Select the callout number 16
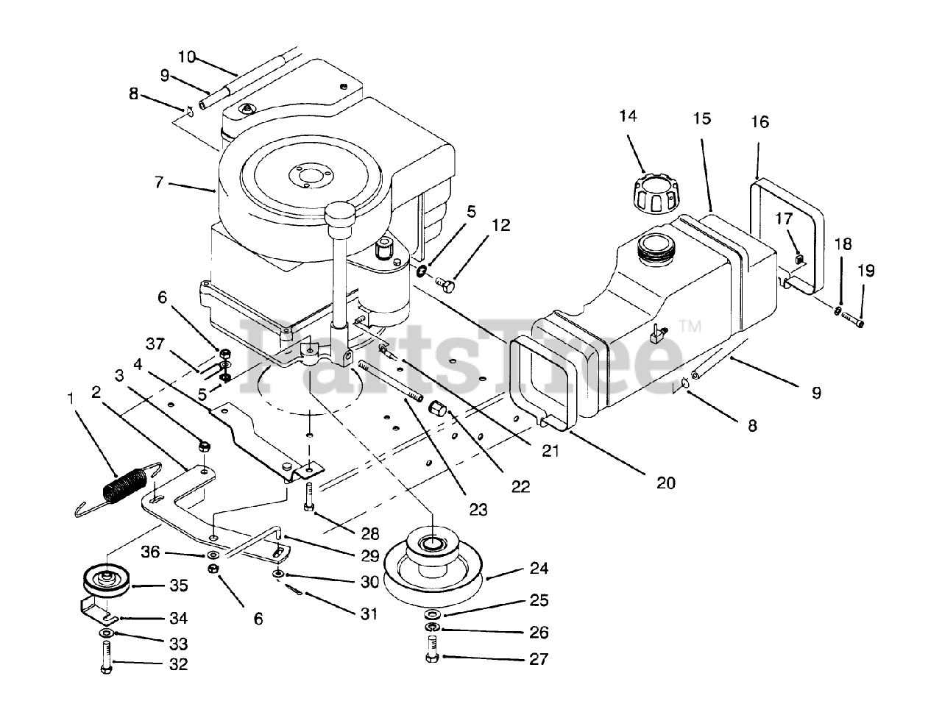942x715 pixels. pyautogui.click(x=760, y=122)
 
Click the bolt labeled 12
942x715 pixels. pyautogui.click(x=445, y=284)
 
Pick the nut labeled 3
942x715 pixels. pyautogui.click(x=205, y=446)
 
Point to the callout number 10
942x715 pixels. pyautogui.click(x=187, y=56)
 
